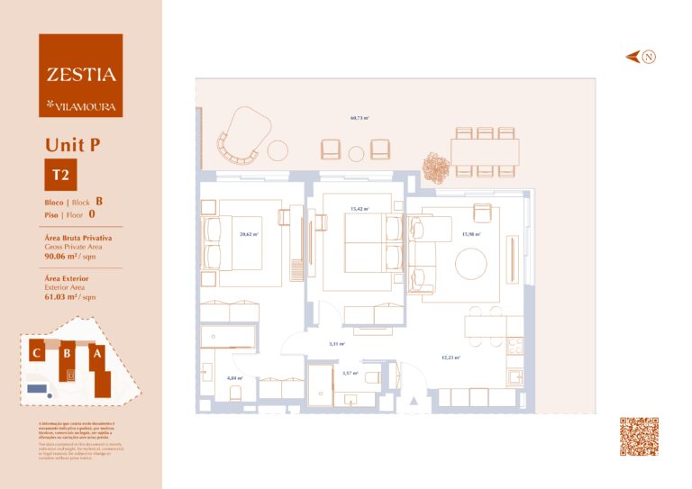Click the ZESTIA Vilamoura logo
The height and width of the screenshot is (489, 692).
click(x=80, y=76)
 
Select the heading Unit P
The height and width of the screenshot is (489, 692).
click(x=72, y=144)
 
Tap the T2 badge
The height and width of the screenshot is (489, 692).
click(x=60, y=174)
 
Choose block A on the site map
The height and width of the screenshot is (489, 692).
click(x=97, y=355)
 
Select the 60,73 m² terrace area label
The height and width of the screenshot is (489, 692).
click(x=360, y=118)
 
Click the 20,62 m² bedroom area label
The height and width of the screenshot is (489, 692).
click(x=249, y=234)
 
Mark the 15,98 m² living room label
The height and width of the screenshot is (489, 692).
click(x=470, y=234)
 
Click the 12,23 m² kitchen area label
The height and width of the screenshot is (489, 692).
click(x=451, y=358)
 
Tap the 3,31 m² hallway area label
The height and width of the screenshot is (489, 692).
click(x=337, y=343)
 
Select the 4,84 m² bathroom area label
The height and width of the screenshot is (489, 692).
click(x=234, y=378)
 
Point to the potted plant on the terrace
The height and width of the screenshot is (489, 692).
click(x=437, y=168)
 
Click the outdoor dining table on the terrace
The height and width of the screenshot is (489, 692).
click(x=485, y=151)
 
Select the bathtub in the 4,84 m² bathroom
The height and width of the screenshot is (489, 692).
click(x=229, y=339)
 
